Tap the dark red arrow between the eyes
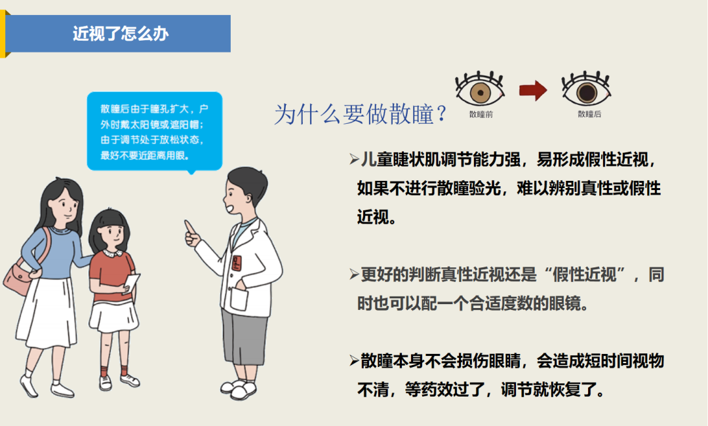532,90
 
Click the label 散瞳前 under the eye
481,114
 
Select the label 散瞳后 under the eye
589,114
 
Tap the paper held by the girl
131,283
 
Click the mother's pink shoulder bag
20,278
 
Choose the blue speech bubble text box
154,130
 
